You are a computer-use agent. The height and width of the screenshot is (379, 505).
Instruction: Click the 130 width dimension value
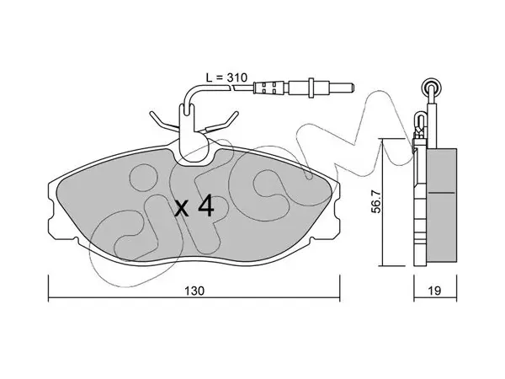pos(194,291)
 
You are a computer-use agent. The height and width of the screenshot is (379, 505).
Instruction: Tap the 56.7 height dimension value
pos(376,202)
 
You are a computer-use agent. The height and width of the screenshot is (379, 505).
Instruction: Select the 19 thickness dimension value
pos(435,291)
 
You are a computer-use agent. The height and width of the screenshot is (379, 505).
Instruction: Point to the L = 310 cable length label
pos(226,77)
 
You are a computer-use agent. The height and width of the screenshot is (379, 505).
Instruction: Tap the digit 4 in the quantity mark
pos(206,206)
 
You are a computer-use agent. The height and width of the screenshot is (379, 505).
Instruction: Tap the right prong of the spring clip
pos(222,122)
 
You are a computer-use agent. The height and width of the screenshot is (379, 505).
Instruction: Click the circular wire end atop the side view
pos(432,87)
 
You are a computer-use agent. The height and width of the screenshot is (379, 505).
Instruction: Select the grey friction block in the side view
pos(442,205)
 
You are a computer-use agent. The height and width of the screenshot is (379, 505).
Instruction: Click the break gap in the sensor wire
pos(233,87)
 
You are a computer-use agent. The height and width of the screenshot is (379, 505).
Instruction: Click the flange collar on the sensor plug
pos(311,88)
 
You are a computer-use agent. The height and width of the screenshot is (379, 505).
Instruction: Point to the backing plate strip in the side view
pos(420,206)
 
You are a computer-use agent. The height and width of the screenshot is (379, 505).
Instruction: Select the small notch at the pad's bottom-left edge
pos(76,239)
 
